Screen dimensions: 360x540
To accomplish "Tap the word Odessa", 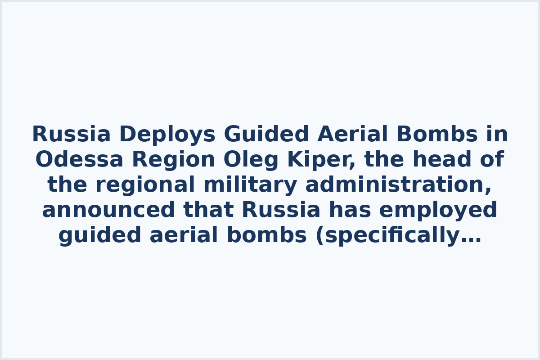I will coord(79,160).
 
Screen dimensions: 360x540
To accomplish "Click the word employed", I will coord(445,210).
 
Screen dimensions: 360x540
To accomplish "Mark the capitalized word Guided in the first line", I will coord(266,135).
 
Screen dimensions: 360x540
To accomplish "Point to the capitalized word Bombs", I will coord(437,135).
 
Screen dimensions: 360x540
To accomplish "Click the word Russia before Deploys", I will coord(71,135).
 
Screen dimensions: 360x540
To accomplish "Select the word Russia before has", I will coord(281,210).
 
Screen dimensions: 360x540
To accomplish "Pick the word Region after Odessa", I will coord(173,160).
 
